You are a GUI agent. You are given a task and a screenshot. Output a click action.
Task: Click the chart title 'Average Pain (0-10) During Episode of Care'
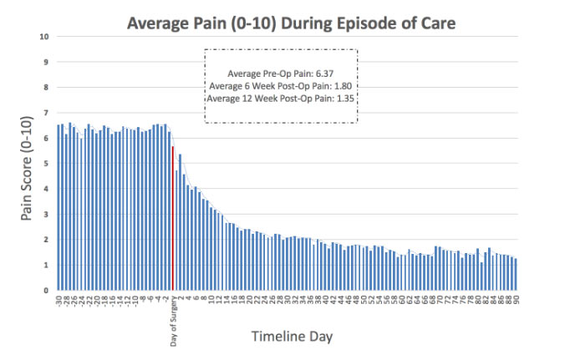click(x=291, y=23)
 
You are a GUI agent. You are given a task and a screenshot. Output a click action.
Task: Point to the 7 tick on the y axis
click(x=46, y=113)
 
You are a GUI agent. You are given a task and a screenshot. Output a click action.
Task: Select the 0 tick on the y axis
click(x=46, y=290)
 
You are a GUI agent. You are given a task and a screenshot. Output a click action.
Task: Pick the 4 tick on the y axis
click(x=46, y=189)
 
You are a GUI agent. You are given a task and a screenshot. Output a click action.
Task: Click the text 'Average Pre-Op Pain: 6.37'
click(x=281, y=74)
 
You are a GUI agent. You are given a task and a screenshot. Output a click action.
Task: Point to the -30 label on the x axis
click(x=58, y=300)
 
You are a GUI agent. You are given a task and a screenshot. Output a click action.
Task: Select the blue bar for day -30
click(x=58, y=208)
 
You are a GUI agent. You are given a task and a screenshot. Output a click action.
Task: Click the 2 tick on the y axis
click(x=46, y=240)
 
